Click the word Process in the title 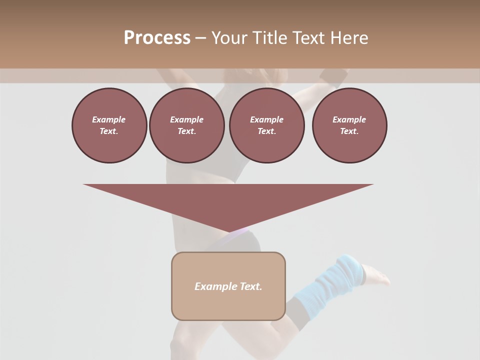[157, 38]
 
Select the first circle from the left [109, 125]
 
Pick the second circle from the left [186, 125]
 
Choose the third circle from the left [266, 125]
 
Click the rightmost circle [349, 125]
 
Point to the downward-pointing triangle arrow [228, 202]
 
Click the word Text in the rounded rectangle [250, 286]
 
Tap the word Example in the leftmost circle [109, 119]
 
